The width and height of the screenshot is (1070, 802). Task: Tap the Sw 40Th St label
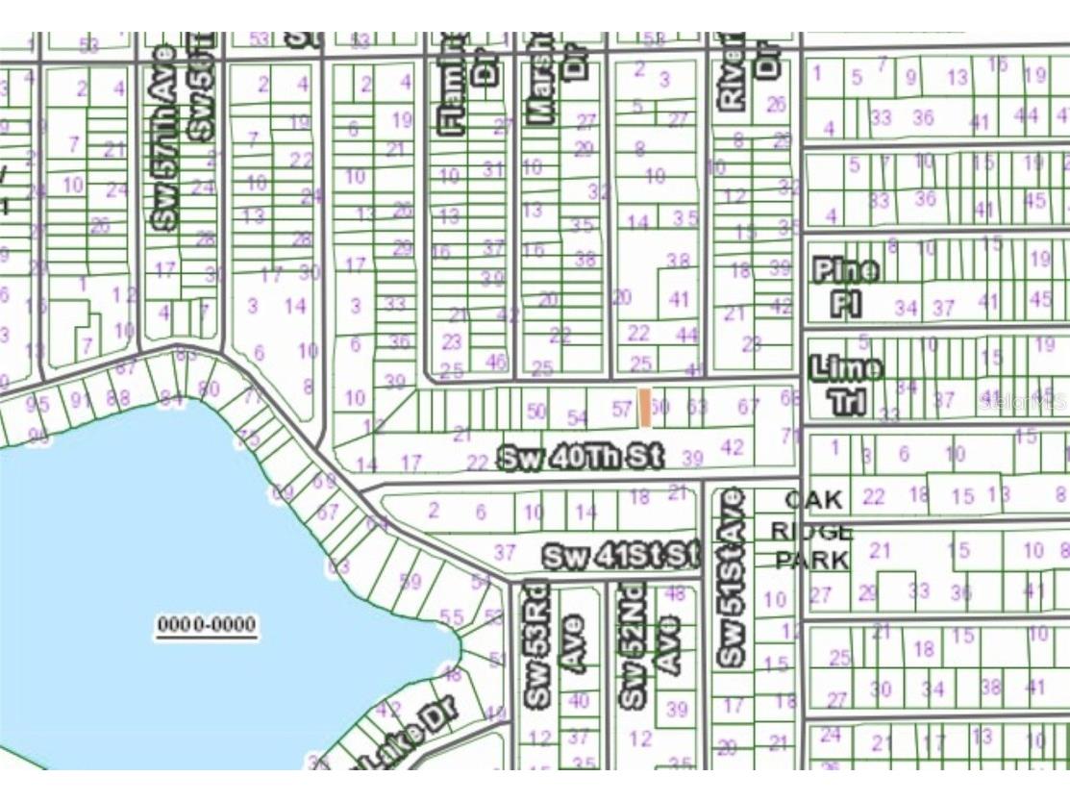coord(581,459)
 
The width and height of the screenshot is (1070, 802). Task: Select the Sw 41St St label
coord(621,556)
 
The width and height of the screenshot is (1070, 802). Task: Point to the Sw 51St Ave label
coord(732,577)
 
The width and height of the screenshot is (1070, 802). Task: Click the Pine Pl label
coord(845,287)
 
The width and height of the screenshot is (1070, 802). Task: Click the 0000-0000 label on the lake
coord(207,626)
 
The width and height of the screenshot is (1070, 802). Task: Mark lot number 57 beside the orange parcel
coord(622,409)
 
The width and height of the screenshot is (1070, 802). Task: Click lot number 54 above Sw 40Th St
coord(577,417)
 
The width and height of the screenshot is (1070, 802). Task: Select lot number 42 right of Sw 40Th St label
coord(732,447)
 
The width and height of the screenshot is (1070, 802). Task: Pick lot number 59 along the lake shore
coord(411,581)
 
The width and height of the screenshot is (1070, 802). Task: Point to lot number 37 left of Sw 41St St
coord(505,552)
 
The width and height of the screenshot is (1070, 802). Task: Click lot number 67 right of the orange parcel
coord(749,408)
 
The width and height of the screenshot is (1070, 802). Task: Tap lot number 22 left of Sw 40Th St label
coord(477,463)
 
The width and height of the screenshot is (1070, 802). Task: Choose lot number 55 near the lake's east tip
coord(451,616)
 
